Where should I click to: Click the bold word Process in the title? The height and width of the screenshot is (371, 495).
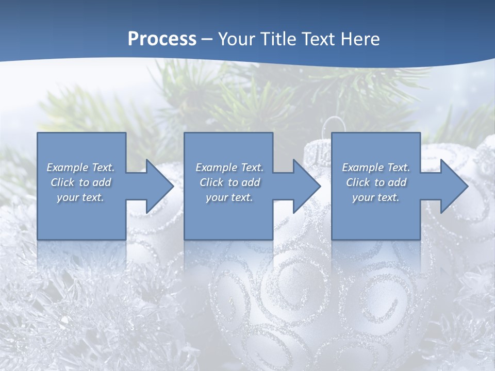click(162, 39)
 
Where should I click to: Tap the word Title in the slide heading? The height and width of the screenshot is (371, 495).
click(274, 39)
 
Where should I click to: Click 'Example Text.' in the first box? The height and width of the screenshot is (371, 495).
click(80, 167)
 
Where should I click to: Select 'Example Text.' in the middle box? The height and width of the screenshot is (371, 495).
click(229, 167)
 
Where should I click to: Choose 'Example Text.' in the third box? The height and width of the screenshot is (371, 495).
click(376, 167)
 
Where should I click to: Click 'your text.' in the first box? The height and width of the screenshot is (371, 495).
click(80, 197)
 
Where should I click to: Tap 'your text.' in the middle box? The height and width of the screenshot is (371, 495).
click(229, 197)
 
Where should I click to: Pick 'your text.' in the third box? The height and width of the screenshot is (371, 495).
click(376, 197)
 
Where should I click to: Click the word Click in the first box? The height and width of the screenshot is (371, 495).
click(62, 182)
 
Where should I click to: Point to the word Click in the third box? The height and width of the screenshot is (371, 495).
click(358, 182)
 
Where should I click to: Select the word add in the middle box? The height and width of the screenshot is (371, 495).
click(251, 182)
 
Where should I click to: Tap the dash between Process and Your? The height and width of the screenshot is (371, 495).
click(206, 40)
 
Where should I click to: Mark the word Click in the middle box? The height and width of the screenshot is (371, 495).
click(211, 182)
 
